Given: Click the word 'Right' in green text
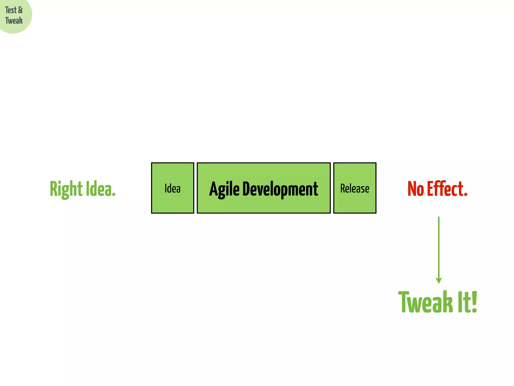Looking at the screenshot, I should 66,189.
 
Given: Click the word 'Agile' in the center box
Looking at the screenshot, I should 224,189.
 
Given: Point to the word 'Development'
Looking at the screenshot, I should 280,189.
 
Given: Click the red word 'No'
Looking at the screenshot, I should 416,189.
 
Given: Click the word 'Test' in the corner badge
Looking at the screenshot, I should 11,10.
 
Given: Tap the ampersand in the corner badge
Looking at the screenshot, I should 20,10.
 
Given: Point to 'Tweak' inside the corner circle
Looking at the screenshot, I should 14,21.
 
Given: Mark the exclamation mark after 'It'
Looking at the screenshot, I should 474,302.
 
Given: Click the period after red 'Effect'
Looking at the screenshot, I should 466,195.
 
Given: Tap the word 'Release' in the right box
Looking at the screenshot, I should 355,188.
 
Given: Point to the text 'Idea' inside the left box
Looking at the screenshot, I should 172,188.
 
